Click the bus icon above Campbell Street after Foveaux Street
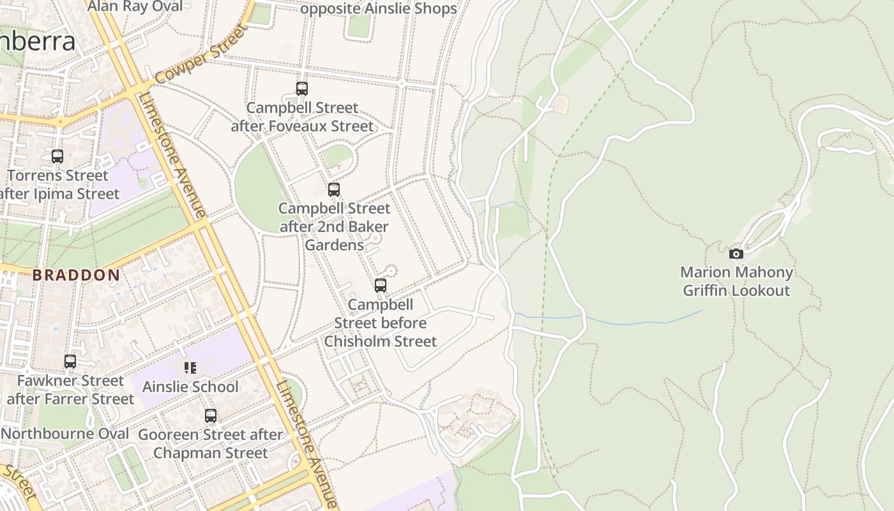click(302, 89)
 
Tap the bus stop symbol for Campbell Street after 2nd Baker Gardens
click(333, 190)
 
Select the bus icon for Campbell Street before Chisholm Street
click(381, 286)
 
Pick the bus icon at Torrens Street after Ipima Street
click(57, 156)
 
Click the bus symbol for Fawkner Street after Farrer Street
click(70, 362)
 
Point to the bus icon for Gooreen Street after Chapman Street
click(211, 416)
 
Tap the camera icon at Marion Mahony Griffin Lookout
click(736, 254)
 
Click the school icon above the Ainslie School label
click(190, 368)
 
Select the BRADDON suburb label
click(76, 275)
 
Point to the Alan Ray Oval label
click(135, 6)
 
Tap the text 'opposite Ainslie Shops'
click(378, 9)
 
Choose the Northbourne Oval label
click(65, 434)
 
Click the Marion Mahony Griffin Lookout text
click(736, 281)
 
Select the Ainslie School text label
click(190, 387)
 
